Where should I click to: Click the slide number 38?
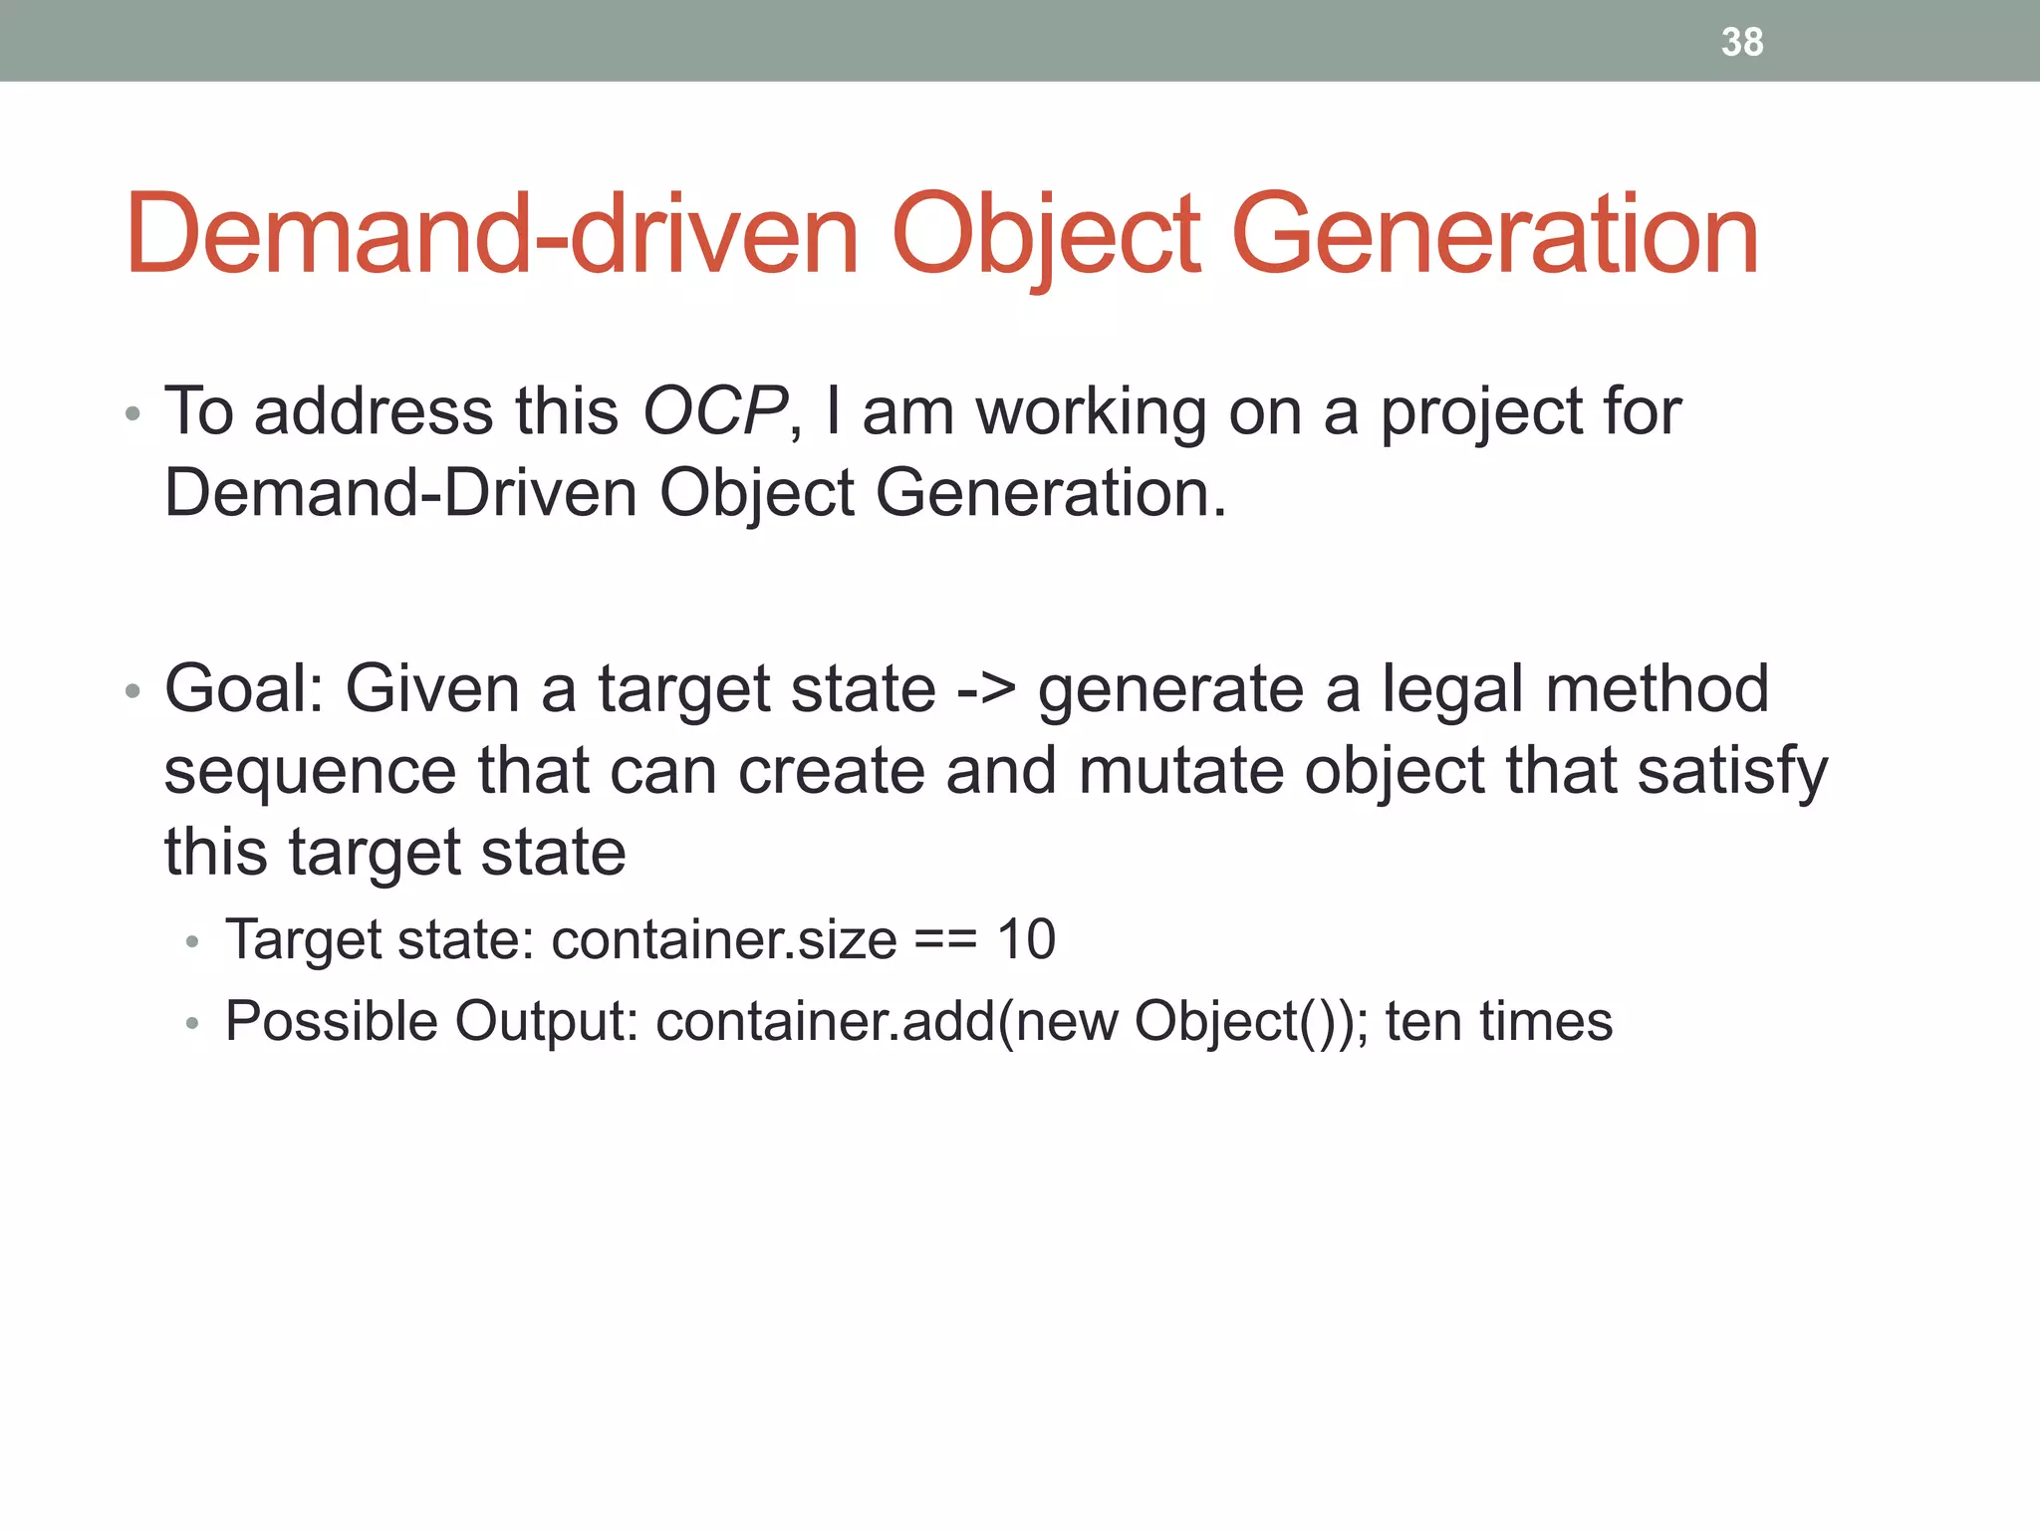click(x=1742, y=42)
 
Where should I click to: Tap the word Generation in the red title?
click(x=1494, y=235)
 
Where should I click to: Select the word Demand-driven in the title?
click(x=492, y=235)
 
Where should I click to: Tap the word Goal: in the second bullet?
click(x=245, y=690)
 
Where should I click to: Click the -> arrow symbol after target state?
click(x=986, y=690)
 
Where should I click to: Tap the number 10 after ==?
click(x=1026, y=939)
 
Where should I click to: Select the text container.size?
click(x=723, y=939)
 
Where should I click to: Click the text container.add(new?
click(x=886, y=1022)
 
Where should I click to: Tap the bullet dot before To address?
click(x=132, y=413)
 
